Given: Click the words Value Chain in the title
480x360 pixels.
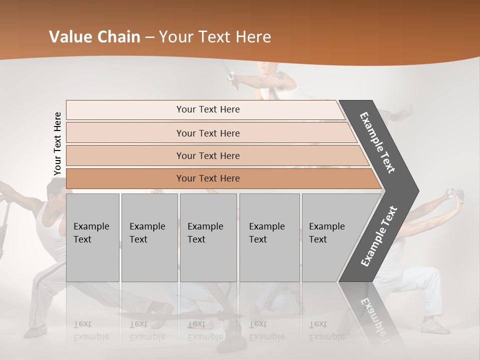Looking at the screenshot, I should click(x=94, y=37).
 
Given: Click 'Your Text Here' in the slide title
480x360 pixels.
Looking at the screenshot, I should click(x=215, y=37).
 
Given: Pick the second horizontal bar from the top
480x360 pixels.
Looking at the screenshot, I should click(x=207, y=133).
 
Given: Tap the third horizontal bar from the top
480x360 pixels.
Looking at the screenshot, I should click(x=207, y=155).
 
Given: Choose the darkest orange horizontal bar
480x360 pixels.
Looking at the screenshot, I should click(x=207, y=178).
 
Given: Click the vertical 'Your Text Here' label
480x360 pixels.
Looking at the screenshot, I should click(x=57, y=144).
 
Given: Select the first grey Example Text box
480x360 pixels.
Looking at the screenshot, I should click(x=92, y=237).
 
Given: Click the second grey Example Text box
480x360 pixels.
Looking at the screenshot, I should click(x=149, y=237).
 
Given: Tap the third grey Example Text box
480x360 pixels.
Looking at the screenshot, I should click(x=208, y=237).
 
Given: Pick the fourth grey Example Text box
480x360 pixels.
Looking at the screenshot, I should click(x=269, y=237).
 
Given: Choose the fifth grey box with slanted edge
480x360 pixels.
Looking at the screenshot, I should click(x=330, y=237).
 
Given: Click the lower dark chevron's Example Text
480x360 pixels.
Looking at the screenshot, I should click(x=379, y=236).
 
